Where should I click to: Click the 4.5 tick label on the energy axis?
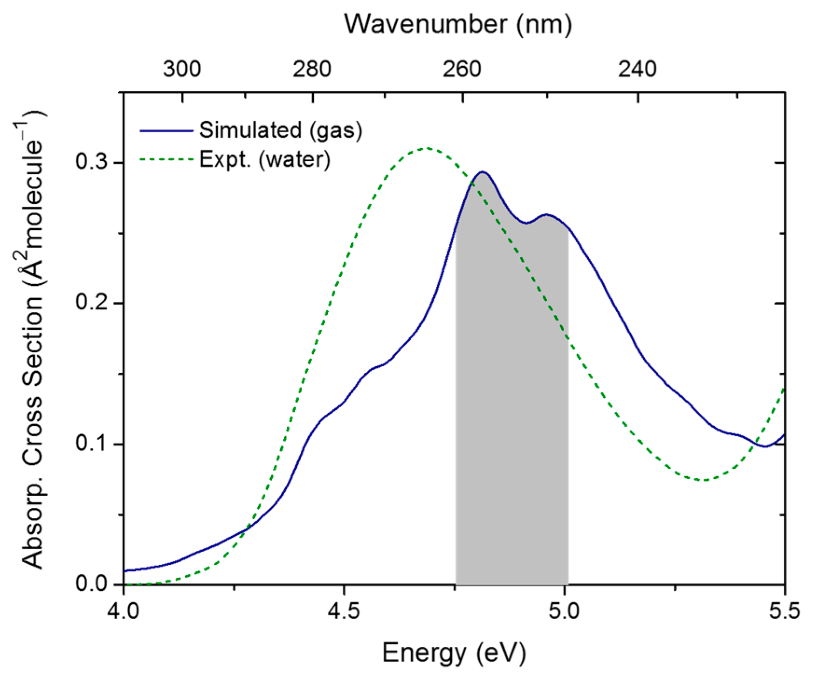point(344,611)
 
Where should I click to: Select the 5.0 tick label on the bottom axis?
point(564,611)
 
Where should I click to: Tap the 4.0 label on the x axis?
point(123,611)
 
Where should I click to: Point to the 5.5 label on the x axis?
point(784,611)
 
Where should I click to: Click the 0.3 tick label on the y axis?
point(91,163)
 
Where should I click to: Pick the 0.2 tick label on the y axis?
point(91,303)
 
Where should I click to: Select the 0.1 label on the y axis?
point(91,444)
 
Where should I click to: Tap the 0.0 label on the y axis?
point(91,584)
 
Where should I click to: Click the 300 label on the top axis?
point(182,69)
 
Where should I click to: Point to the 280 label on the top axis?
point(312,69)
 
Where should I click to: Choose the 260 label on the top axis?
point(462,69)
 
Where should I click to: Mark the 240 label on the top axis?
point(637,69)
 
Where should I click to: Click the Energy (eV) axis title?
point(454,653)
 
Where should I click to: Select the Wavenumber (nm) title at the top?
point(458,24)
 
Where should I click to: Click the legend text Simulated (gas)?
point(281,130)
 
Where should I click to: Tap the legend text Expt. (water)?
point(265,159)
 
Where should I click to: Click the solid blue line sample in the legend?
point(166,131)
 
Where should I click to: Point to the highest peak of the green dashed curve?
point(425,149)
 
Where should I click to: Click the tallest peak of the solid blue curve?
point(483,172)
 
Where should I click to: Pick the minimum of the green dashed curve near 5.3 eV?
point(705,479)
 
